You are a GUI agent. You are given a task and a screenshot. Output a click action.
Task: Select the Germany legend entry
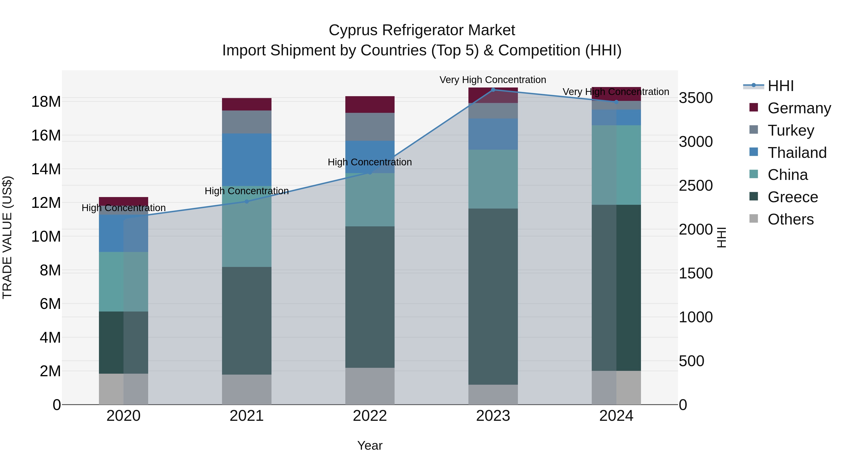tap(799, 108)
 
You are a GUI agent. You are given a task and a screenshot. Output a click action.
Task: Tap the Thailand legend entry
tap(797, 153)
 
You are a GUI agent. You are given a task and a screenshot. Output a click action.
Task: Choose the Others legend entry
tap(790, 219)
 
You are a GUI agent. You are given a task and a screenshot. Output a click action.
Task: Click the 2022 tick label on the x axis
tap(370, 416)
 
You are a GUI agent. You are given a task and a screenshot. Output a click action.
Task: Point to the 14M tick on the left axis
tap(46, 169)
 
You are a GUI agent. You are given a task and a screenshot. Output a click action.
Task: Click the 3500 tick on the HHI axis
tap(696, 98)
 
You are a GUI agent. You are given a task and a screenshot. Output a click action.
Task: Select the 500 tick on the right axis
tap(691, 361)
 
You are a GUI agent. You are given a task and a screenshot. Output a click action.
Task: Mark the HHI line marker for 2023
tap(493, 90)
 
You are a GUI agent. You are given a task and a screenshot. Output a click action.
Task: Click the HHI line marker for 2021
tap(247, 201)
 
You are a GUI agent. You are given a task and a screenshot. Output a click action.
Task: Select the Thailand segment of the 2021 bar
tap(247, 160)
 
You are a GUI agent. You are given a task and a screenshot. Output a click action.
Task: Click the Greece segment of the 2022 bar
tap(370, 297)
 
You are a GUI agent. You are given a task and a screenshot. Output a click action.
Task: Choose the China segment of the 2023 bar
tap(493, 179)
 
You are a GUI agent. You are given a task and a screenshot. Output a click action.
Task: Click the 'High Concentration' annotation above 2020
tap(124, 208)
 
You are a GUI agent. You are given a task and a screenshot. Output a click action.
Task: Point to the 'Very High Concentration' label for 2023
tap(493, 80)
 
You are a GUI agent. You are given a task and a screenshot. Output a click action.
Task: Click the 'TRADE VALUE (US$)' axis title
tap(7, 237)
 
